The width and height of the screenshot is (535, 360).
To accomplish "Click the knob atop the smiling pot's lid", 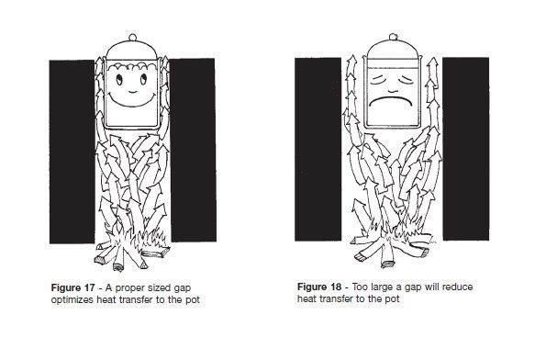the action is pyautogui.click(x=132, y=38).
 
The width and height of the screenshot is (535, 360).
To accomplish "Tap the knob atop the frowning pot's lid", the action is pyautogui.click(x=393, y=37).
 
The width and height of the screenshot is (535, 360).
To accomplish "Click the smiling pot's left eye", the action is pyautogui.click(x=119, y=80).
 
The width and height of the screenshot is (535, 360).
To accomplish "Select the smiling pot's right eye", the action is pyautogui.click(x=143, y=79).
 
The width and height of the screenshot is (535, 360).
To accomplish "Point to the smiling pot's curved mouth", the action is pyautogui.click(x=132, y=101).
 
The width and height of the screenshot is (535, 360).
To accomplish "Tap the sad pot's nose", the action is pyautogui.click(x=393, y=91).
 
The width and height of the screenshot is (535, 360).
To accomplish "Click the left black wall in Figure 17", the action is pyautogui.click(x=72, y=152).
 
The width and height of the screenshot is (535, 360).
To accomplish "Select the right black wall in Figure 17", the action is pyautogui.click(x=193, y=150).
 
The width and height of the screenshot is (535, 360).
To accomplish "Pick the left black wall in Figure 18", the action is pyautogui.click(x=318, y=150).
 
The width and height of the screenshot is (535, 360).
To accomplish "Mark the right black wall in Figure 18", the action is pyautogui.click(x=466, y=149).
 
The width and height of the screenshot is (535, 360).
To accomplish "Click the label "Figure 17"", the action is pyautogui.click(x=72, y=287).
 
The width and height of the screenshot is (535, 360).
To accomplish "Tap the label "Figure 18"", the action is pyautogui.click(x=319, y=287).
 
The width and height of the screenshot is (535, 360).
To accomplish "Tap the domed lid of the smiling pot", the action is pyautogui.click(x=132, y=51).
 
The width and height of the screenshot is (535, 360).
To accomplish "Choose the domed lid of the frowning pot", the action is pyautogui.click(x=393, y=50).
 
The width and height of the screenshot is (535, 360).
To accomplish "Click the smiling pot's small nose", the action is pyautogui.click(x=132, y=92).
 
